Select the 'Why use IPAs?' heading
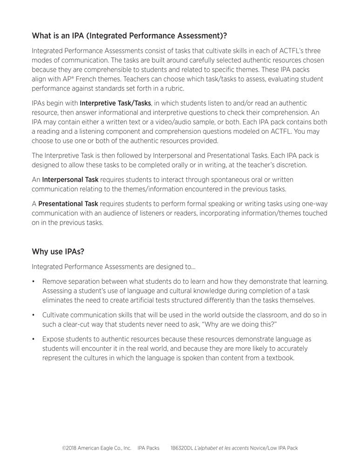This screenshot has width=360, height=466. point(58,252)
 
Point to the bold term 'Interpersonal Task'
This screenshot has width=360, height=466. point(70,179)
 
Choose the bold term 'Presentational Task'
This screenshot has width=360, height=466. point(68,204)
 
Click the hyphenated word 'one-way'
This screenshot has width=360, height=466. point(315,204)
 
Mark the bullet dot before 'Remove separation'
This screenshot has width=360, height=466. point(34,281)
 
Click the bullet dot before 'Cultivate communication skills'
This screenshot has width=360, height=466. point(34,315)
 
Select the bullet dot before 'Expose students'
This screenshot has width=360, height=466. point(34,339)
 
